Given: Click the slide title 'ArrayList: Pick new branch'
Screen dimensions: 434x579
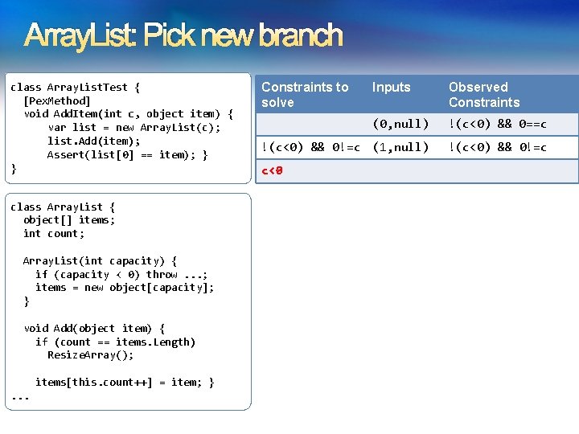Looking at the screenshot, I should click(x=184, y=36).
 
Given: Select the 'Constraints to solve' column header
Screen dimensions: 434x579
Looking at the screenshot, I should click(x=305, y=95).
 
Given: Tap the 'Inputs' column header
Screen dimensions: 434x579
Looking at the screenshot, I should click(x=391, y=87).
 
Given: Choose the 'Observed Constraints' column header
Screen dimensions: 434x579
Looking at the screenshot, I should click(x=484, y=95).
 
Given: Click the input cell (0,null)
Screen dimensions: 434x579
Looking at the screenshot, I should click(x=400, y=124).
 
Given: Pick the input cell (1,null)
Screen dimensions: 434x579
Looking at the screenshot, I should click(x=400, y=147).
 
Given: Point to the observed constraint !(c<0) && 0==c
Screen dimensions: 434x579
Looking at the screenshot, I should click(x=497, y=124).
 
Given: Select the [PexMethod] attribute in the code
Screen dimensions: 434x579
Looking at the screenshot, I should click(x=56, y=100).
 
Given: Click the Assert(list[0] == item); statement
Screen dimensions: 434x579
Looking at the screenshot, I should click(x=128, y=155).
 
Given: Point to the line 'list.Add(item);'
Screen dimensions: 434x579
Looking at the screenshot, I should click(x=93, y=141).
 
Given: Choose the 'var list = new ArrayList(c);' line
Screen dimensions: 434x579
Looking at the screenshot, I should click(x=133, y=128).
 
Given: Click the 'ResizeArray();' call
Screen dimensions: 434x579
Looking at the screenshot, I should click(x=90, y=355).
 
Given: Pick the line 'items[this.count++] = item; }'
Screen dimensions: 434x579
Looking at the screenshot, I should click(x=124, y=383).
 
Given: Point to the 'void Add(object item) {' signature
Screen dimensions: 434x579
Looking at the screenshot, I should click(x=94, y=328).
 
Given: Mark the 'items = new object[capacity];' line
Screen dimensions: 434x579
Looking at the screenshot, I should click(x=125, y=288).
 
